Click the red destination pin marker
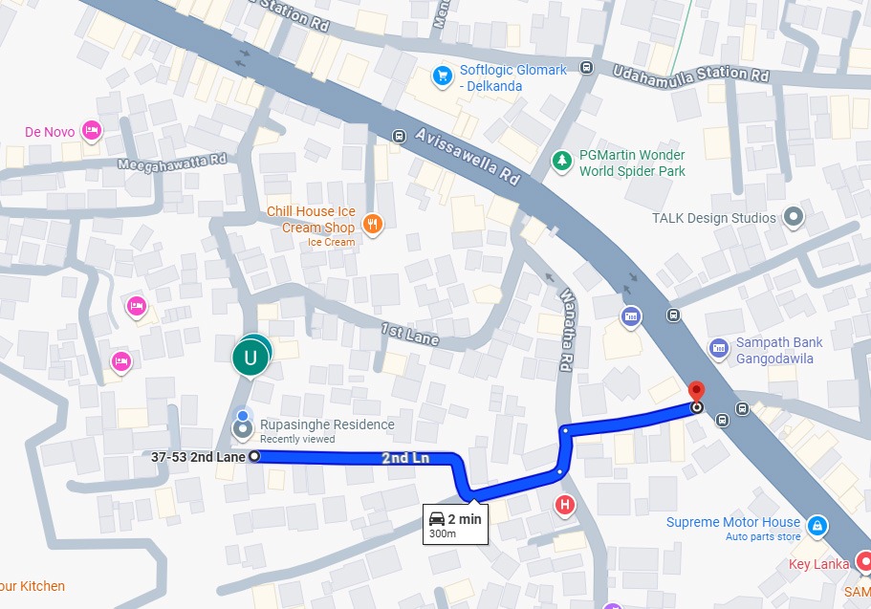pyautogui.click(x=697, y=391)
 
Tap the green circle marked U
pyautogui.click(x=251, y=359)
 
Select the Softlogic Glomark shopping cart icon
pyautogui.click(x=442, y=76)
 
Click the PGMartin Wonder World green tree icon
pyautogui.click(x=561, y=160)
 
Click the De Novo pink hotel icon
pyautogui.click(x=92, y=130)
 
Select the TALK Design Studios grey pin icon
pyautogui.click(x=793, y=218)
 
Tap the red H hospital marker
pyautogui.click(x=566, y=504)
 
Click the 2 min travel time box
pyautogui.click(x=456, y=524)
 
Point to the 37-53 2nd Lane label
pyautogui.click(x=198, y=457)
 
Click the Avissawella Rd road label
pyautogui.click(x=468, y=156)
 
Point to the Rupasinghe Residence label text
pyautogui.click(x=327, y=424)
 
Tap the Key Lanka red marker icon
pyautogui.click(x=863, y=561)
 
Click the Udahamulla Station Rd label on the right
pyautogui.click(x=691, y=73)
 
